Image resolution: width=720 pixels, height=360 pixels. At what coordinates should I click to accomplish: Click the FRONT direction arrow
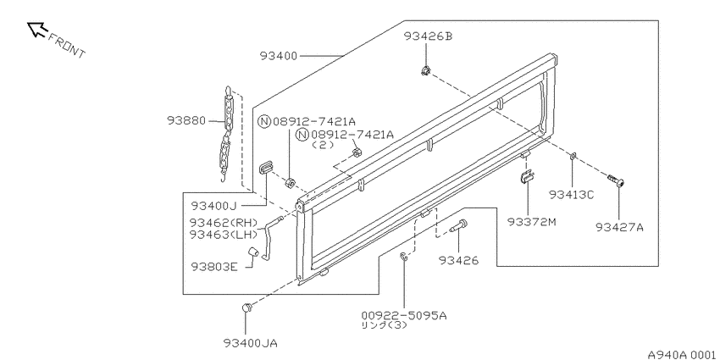37,30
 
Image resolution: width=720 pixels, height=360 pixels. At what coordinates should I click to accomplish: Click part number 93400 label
279,56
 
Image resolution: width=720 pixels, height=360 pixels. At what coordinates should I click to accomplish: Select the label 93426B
428,36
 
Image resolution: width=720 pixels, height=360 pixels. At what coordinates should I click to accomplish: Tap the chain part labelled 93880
227,133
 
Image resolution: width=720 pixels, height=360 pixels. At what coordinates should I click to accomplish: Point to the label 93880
186,120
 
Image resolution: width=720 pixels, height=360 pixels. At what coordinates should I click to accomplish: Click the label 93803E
215,266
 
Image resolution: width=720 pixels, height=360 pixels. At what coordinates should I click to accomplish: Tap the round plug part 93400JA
247,307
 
